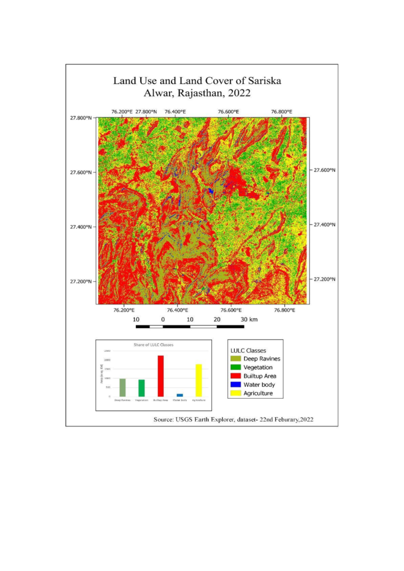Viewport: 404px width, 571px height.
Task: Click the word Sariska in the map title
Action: pos(264,81)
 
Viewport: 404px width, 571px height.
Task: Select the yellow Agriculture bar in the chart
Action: pos(199,380)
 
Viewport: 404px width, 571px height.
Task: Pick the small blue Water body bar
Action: pos(180,395)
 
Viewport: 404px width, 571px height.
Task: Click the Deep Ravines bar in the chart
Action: pos(123,388)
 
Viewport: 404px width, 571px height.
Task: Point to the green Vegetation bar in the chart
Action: pos(141,388)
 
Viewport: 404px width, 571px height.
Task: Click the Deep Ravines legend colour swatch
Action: pos(236,359)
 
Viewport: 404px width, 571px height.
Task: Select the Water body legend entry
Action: pos(259,384)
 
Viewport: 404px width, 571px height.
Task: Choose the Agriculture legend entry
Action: pos(258,393)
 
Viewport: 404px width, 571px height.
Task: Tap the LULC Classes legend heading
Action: pos(248,350)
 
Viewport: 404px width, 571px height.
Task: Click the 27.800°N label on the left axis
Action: pos(81,118)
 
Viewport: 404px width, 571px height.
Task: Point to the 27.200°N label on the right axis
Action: pos(324,279)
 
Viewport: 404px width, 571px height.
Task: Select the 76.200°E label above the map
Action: pos(122,111)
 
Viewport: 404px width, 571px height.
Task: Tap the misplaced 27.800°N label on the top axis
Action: pos(146,111)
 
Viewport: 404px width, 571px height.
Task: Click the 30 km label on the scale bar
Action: pos(249,320)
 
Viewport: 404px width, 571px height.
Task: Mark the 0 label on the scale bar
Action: pos(163,320)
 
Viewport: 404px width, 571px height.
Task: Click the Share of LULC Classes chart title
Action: pos(154,345)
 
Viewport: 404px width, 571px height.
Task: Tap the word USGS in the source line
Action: pos(183,419)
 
